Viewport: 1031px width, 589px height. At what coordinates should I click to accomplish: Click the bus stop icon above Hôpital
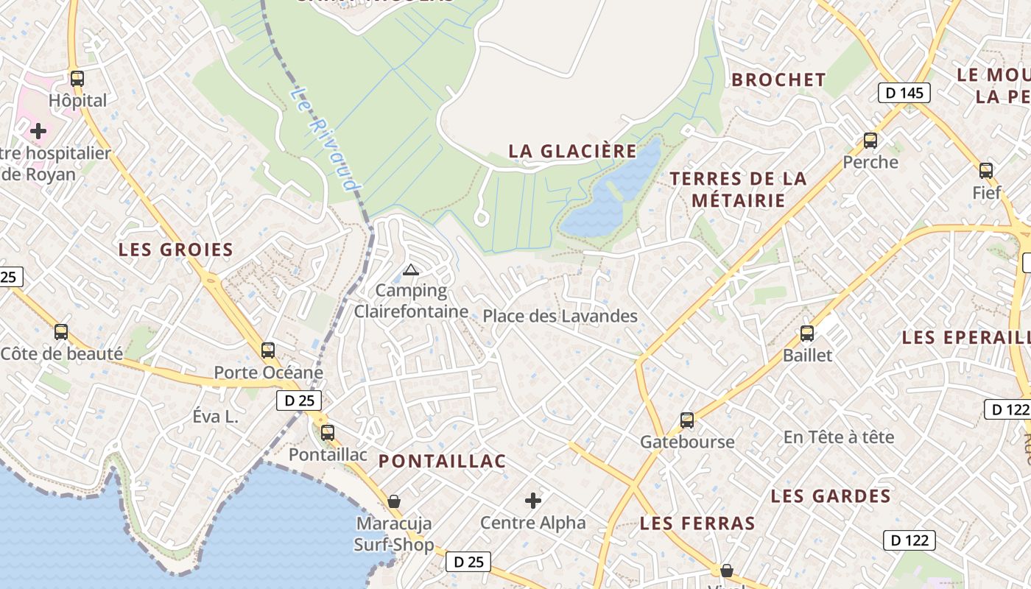pos(77,78)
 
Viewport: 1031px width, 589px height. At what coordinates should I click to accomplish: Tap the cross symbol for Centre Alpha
pos(533,501)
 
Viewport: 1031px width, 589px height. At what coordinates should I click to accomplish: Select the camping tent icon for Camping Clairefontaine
pos(411,269)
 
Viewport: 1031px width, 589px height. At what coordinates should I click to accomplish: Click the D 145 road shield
pos(904,93)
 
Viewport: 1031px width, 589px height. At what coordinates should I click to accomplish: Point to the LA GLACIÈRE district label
pos(572,151)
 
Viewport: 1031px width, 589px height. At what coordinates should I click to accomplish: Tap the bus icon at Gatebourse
pos(687,420)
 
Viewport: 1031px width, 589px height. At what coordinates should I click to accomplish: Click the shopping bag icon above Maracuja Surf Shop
pos(394,501)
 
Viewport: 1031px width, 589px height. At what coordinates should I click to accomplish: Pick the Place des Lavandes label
pos(560,316)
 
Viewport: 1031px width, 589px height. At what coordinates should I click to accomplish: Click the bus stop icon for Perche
pos(870,140)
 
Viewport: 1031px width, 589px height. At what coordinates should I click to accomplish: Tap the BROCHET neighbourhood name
pos(778,80)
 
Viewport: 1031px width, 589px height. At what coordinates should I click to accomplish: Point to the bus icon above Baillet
pos(807,333)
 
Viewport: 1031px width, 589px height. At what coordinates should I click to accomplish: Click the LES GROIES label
pos(176,250)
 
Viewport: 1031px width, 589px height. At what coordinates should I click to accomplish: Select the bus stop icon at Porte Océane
pos(268,350)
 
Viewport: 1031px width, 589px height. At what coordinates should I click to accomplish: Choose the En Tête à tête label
pos(838,437)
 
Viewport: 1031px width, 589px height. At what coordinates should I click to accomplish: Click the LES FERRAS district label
pos(697,523)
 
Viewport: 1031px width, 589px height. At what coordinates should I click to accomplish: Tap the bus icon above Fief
pos(986,171)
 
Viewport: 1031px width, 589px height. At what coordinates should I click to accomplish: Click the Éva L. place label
pos(216,416)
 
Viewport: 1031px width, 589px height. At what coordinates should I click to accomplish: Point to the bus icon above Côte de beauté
pos(61,332)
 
